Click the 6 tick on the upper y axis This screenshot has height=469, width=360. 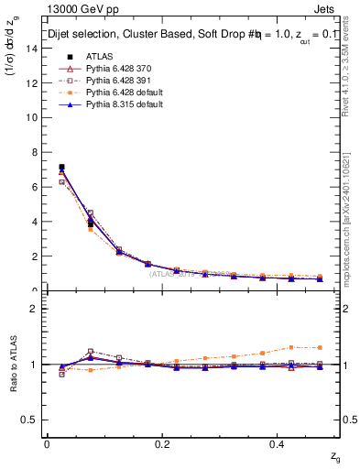coord(38,187)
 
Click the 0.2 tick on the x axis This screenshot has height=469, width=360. coord(162,444)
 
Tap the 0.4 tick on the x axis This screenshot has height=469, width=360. coord(278,444)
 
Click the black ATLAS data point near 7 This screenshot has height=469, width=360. coord(61,168)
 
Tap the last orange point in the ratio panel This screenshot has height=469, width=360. coord(320,347)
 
